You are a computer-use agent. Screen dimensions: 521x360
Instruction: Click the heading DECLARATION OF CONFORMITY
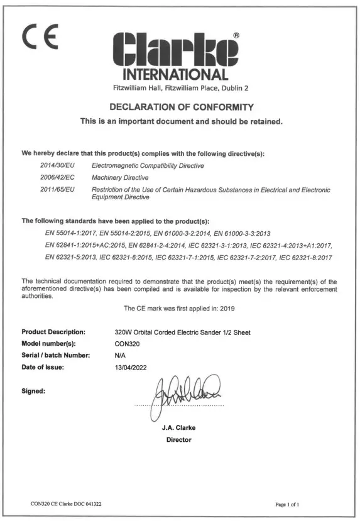pyautogui.click(x=180, y=107)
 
